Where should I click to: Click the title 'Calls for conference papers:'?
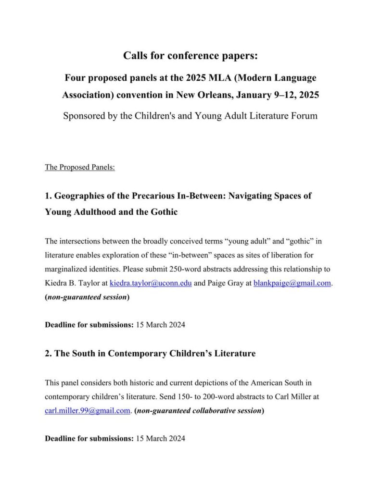tap(190, 56)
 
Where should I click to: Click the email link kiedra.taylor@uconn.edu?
tap(151, 283)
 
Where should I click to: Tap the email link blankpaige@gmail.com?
tap(292, 283)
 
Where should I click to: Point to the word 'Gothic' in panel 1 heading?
tap(164, 211)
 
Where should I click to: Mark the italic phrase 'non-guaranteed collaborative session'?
tap(199, 410)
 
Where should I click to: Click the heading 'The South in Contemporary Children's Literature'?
tap(150, 354)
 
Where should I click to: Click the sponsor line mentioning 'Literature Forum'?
tap(190, 116)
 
